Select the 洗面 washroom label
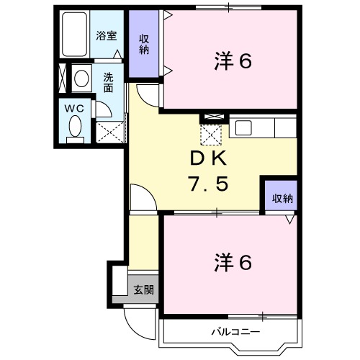109,82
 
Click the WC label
75,107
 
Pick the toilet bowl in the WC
74,127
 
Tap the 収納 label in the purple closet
145,44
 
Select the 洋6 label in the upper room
233,62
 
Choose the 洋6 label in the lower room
233,263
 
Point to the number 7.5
209,184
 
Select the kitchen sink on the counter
243,128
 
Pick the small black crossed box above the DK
213,117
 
